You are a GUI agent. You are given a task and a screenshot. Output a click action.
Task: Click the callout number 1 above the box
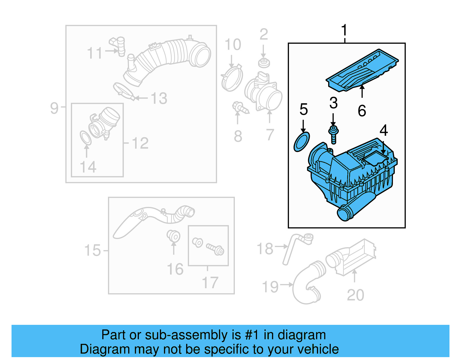(x=344, y=30)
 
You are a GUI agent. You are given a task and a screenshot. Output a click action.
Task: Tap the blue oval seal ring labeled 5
(x=302, y=142)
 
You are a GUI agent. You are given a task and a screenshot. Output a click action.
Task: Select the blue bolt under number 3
(x=333, y=135)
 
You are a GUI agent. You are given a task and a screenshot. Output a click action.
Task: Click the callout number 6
(x=362, y=111)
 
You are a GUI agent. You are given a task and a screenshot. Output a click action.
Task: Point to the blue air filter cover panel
(x=362, y=71)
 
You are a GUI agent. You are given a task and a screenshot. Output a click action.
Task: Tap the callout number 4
(x=383, y=131)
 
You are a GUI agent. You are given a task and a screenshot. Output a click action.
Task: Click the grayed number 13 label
(x=159, y=98)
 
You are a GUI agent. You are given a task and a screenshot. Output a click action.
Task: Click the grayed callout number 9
(x=54, y=108)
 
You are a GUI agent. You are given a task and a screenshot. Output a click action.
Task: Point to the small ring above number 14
(x=86, y=138)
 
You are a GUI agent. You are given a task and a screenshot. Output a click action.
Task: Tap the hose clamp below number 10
(x=232, y=78)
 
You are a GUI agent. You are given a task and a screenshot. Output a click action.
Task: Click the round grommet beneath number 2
(x=263, y=63)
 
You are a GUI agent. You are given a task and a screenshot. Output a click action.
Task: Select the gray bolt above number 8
(x=240, y=108)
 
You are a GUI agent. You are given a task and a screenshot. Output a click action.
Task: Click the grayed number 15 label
(x=92, y=250)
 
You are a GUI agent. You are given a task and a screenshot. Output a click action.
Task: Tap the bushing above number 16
(x=174, y=236)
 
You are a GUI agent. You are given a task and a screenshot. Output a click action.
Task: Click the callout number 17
(x=210, y=282)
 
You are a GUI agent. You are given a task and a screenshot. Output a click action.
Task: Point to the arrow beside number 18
(x=281, y=246)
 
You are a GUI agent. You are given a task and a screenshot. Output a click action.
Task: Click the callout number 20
(x=356, y=295)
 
